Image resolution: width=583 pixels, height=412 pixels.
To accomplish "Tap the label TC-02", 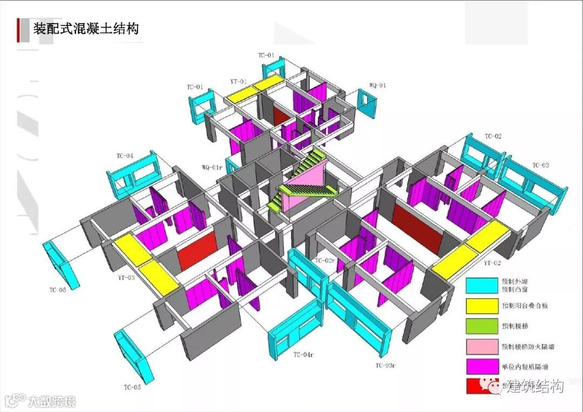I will point(493,136).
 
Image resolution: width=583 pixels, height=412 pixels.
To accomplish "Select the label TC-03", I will point(540,165).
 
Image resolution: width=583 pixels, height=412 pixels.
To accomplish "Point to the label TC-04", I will point(125,156).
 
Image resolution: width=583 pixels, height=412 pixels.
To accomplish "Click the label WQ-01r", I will point(211,167).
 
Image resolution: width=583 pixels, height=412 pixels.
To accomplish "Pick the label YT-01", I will point(238,82).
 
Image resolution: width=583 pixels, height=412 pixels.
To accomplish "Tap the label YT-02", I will point(492,263).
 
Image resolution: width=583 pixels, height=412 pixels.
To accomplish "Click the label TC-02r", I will point(326,261).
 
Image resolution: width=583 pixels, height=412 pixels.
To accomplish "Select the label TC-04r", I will point(303,354).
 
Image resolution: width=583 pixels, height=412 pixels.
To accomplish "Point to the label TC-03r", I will point(385,366).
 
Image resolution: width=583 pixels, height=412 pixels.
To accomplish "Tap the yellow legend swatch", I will point(482,305).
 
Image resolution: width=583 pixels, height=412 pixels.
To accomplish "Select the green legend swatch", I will point(482,326).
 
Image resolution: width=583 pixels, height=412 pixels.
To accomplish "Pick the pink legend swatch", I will point(482,346).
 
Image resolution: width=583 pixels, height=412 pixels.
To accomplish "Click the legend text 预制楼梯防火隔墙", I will point(527,347).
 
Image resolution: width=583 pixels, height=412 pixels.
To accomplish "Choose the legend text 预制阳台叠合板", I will point(524,306).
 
